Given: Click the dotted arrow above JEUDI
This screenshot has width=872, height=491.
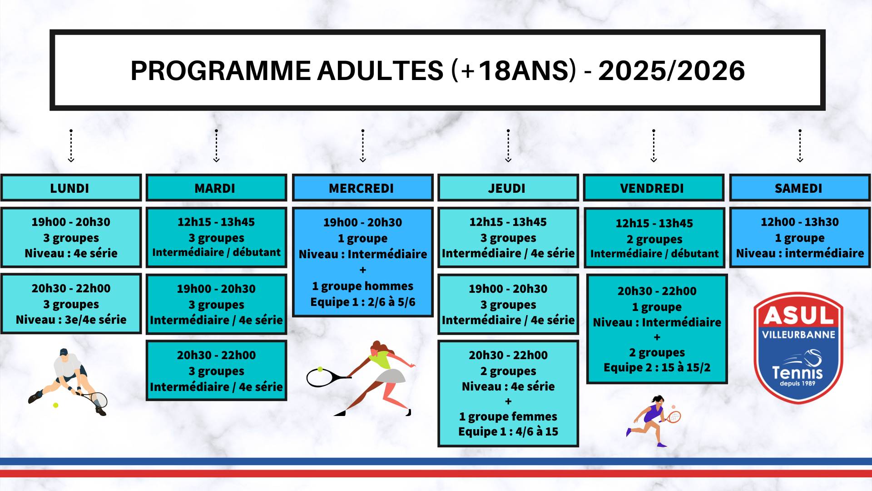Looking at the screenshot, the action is click(508, 145).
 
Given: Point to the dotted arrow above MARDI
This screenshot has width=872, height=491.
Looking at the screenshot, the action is click(217, 145).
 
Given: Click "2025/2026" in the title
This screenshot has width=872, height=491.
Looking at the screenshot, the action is click(672, 70).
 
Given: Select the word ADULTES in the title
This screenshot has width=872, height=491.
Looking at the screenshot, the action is click(380, 70).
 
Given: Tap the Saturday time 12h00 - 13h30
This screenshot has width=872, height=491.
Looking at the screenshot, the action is click(800, 222).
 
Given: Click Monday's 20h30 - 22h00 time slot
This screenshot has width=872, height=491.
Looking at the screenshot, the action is click(71, 288).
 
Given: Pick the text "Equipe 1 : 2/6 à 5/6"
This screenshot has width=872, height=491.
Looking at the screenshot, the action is click(363, 302).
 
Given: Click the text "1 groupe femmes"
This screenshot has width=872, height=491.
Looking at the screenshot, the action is click(508, 416).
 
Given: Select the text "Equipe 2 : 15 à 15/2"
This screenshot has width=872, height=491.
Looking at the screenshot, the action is click(657, 367).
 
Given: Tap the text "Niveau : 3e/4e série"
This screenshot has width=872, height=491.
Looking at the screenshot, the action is click(71, 320).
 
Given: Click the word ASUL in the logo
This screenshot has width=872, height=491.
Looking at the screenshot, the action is click(798, 315).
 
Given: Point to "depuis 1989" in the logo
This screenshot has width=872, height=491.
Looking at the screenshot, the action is click(798, 383).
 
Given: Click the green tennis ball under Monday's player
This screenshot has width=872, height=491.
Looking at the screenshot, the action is click(55, 405).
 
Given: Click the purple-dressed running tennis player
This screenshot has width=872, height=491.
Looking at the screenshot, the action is click(653, 421).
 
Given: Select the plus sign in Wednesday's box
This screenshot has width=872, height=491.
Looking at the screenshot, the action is click(363, 270).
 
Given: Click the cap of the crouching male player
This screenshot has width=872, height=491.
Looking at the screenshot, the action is click(64, 352).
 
